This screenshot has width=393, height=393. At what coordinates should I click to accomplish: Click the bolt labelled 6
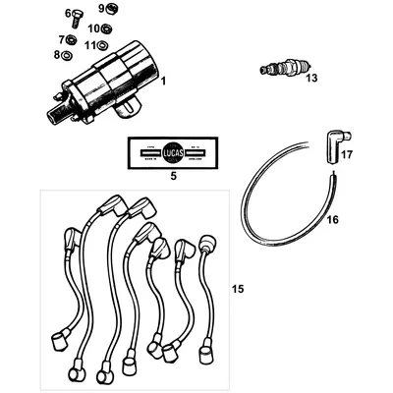point(80,15)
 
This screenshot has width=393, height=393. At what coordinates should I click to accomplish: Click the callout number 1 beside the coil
point(162,79)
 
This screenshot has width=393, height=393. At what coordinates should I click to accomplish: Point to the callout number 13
point(311,77)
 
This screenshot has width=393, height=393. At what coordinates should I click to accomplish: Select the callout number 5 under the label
point(173,177)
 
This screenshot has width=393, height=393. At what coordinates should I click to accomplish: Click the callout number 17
point(346,154)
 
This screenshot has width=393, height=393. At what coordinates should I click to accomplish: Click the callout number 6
point(68,14)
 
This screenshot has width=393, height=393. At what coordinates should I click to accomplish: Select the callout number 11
point(89,45)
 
